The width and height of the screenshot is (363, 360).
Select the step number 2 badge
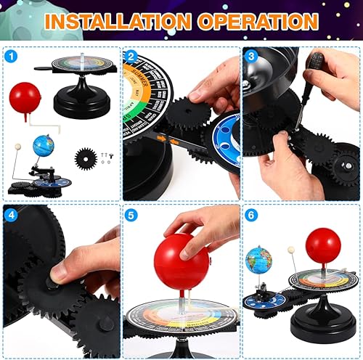pyautogui.click(x=131, y=56)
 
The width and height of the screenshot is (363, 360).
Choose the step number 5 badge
pyautogui.click(x=131, y=215)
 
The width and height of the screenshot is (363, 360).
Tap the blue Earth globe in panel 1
pyautogui.click(x=44, y=146)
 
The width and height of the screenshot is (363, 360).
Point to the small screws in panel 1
pyautogui.click(x=106, y=156)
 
